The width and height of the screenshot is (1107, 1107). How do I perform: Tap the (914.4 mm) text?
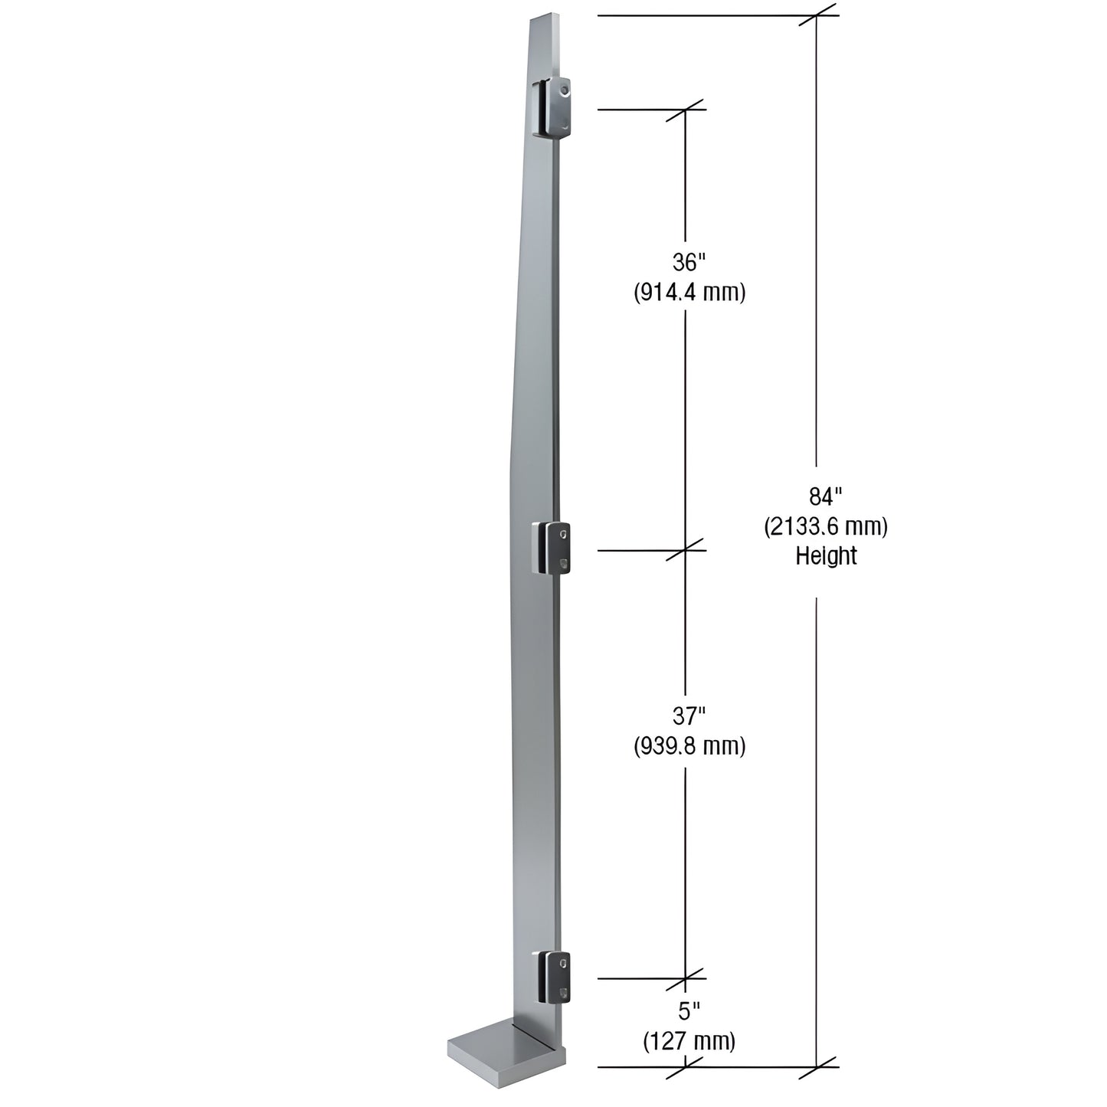(689, 293)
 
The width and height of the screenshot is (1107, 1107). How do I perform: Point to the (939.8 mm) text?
(689, 746)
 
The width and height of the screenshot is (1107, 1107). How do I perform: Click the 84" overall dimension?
(827, 496)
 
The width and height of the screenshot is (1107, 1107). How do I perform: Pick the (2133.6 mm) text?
(826, 526)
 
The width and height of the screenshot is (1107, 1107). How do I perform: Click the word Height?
(826, 555)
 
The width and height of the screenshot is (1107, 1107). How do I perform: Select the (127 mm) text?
(689, 1041)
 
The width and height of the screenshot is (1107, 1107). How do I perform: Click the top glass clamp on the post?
(552, 108)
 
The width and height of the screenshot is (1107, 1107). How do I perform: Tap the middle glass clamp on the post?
(552, 549)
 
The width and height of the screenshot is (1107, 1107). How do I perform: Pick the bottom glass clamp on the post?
(552, 977)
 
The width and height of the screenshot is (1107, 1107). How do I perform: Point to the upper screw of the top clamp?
(565, 90)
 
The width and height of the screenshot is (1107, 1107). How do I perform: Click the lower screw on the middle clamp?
(565, 565)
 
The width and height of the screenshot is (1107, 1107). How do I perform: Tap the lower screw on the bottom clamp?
(565, 994)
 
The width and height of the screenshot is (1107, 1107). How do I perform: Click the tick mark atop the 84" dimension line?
(817, 15)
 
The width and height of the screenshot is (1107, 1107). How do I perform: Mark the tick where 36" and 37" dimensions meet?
(685, 550)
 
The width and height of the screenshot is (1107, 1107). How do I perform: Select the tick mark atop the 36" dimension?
(685, 110)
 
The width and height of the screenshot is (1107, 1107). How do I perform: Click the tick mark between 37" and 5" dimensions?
(685, 978)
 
